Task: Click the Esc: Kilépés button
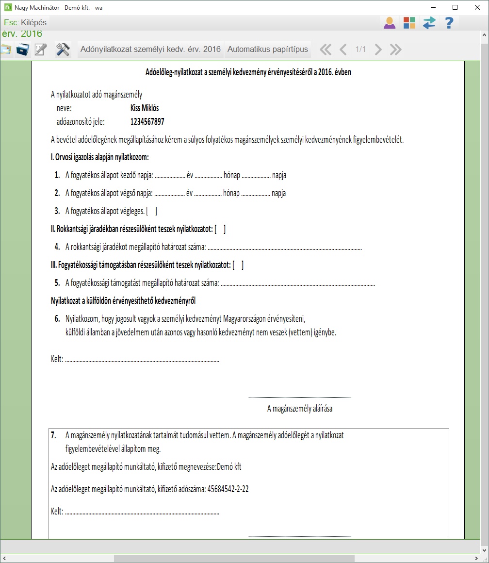point(25,23)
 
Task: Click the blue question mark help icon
point(449,23)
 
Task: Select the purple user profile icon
point(390,23)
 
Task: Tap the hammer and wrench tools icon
point(63,49)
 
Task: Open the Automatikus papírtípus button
point(268,49)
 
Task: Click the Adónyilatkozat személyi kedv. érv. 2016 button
point(150,49)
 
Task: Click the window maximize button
point(455,7)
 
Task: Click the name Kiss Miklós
point(145,108)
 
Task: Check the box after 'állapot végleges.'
point(152,211)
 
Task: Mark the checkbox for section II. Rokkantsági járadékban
point(220,229)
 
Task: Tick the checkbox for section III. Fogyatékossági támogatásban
point(238,265)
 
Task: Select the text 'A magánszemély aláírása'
point(300,409)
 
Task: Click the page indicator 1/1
point(360,49)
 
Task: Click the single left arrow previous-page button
point(343,49)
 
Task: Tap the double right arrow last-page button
point(395,49)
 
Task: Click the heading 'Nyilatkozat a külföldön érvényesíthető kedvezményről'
point(123,301)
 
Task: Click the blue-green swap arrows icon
point(429,23)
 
